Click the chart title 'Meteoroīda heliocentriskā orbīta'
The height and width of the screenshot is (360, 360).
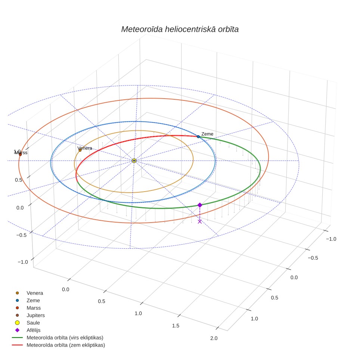180,30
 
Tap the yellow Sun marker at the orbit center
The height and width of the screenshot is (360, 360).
134,161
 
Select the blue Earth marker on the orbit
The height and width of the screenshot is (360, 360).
198,137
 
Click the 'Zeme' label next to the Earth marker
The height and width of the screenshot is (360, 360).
207,134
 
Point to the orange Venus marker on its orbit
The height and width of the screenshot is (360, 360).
80,150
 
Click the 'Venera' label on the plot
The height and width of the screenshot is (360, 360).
85,148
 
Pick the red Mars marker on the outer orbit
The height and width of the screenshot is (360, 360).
20,155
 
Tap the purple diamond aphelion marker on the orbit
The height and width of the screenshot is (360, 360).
200,205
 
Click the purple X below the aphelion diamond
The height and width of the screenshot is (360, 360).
200,221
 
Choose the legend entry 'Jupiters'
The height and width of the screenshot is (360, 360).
35,316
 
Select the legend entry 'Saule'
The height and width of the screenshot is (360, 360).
33,323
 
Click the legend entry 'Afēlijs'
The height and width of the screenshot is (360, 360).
34,330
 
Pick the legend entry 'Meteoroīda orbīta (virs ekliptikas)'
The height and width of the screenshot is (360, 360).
65,338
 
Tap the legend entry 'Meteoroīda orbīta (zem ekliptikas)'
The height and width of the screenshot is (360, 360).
66,345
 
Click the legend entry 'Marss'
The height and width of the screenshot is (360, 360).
34,308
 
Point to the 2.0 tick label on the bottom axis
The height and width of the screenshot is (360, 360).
214,338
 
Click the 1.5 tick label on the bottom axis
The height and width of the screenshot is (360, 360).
176,326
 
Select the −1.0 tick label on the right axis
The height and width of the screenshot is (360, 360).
331,239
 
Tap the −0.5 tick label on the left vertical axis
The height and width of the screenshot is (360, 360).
21,235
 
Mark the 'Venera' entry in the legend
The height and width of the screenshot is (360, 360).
35,293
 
